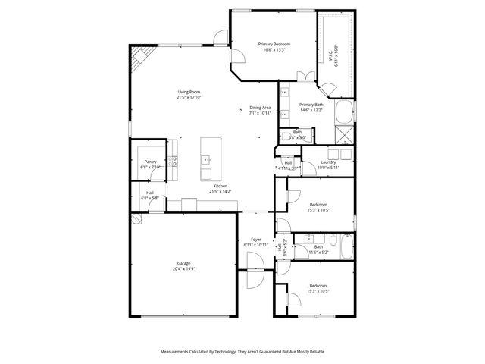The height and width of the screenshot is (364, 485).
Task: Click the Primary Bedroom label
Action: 274,44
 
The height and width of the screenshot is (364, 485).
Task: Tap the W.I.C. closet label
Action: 331,54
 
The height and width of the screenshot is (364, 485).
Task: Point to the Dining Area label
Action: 260,108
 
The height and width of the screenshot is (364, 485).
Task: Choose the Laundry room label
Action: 328,162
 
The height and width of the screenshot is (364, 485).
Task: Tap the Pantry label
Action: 150,161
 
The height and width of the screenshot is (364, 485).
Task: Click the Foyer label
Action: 256,240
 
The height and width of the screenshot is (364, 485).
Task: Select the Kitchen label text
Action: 220,186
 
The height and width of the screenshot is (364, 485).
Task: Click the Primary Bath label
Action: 311,105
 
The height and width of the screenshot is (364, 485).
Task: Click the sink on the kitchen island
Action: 205,160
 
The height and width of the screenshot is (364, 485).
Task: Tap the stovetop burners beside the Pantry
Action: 174,161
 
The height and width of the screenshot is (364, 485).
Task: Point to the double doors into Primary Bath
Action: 305,76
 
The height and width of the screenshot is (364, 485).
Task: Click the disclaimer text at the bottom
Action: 242,352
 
